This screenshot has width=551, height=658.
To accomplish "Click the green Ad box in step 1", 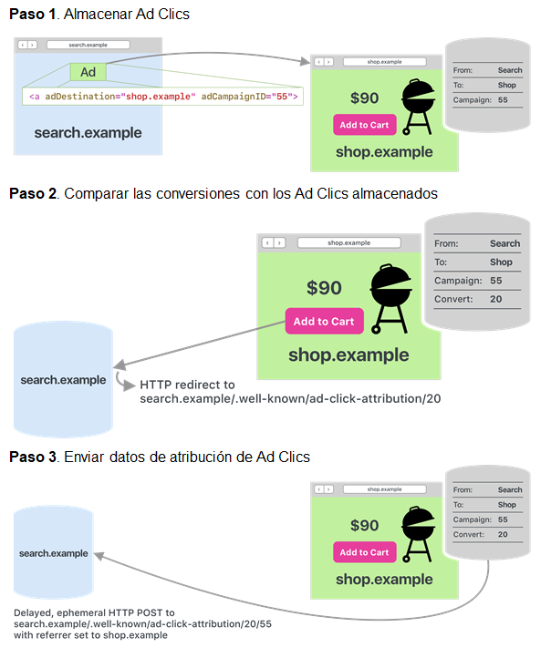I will coord(88,72).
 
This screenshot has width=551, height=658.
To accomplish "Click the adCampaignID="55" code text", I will coord(249,95).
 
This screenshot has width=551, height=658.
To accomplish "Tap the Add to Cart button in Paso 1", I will coord(365,126).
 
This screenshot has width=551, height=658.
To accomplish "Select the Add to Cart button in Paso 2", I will coord(324,322).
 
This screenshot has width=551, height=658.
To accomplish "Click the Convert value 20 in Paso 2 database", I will coord(496,300).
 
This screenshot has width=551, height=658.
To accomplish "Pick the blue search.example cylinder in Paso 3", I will coord(54,553).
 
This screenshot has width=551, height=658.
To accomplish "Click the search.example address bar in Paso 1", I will coord(88,44).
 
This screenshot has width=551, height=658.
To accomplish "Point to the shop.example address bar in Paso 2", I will coord(348,243).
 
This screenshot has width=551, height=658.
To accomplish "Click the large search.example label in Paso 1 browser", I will coord(88,133).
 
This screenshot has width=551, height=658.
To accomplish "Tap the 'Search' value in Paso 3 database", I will coord(510,489).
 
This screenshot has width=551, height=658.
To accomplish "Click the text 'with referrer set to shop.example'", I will coord(91,635).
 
